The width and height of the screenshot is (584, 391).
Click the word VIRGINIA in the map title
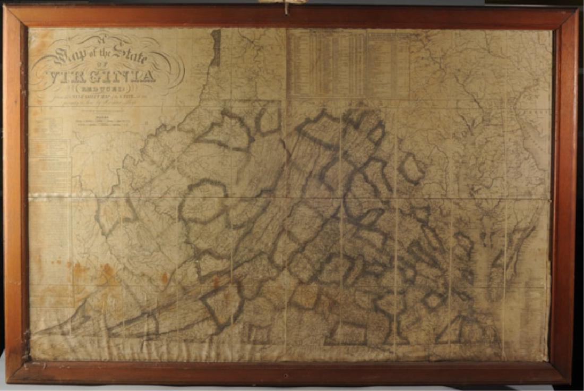point(106,75)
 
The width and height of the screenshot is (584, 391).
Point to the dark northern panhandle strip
point(216,48)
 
